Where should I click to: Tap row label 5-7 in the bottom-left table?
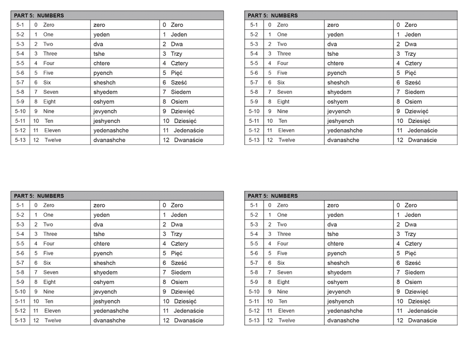click(x=20, y=263)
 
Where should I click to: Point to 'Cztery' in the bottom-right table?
click(x=413, y=244)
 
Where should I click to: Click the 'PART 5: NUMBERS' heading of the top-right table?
click(x=273, y=15)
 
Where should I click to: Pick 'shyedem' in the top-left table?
click(x=105, y=92)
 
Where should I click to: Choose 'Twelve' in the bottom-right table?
click(x=286, y=321)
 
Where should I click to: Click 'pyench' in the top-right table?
click(x=337, y=73)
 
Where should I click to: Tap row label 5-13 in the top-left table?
click(x=20, y=140)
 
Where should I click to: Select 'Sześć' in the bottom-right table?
click(x=413, y=263)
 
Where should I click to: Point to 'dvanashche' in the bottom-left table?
click(x=109, y=321)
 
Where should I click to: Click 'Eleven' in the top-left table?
click(x=53, y=131)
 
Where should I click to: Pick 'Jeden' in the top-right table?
click(x=412, y=34)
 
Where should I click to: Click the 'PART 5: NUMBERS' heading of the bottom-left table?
click(x=39, y=196)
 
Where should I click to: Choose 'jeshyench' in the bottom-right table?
click(x=340, y=301)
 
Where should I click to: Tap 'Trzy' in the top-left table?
click(x=176, y=54)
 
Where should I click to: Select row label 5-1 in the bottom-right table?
click(x=254, y=205)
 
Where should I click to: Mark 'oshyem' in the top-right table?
click(x=338, y=102)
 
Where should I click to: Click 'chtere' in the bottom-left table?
click(x=101, y=244)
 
